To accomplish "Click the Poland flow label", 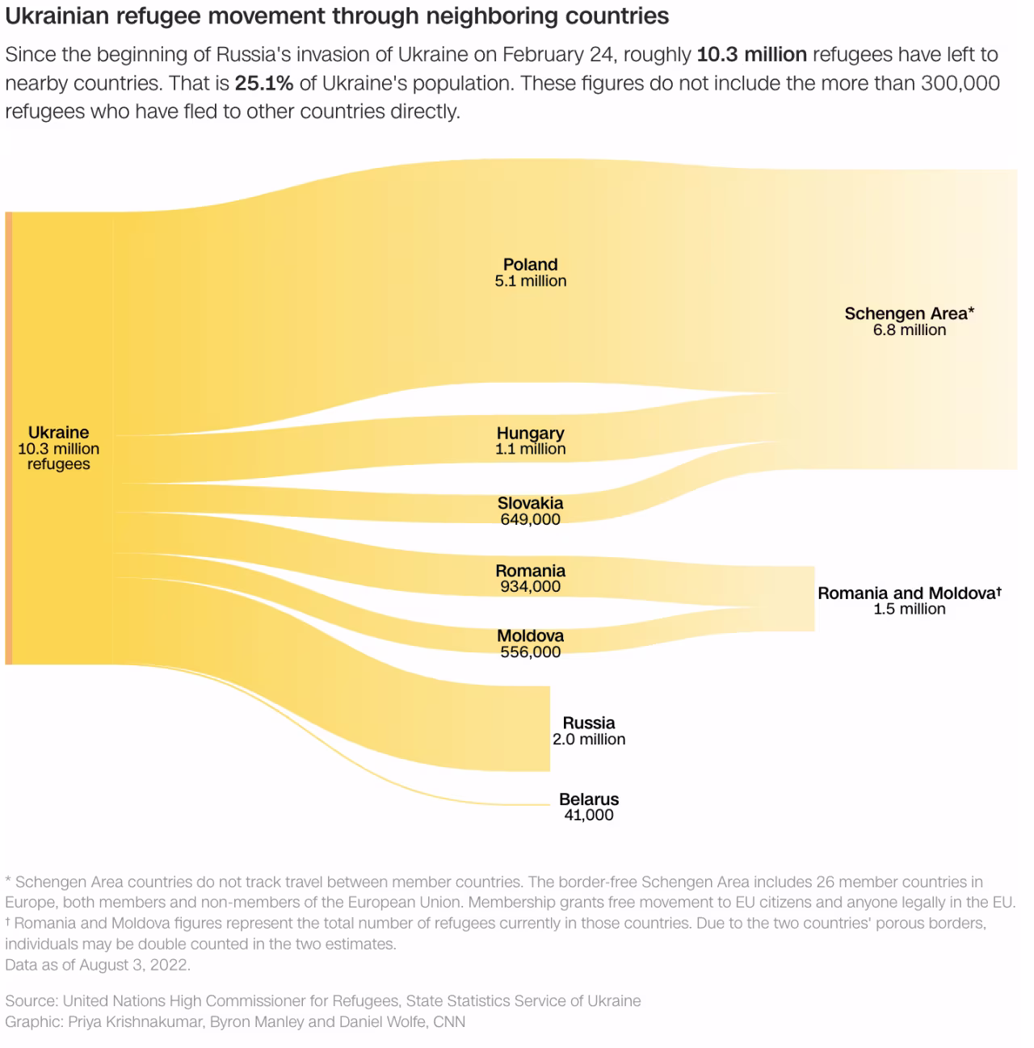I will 530,265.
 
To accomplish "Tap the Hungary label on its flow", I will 530,434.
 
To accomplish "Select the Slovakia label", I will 530,503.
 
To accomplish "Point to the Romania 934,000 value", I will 530,587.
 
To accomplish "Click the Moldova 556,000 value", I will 530,652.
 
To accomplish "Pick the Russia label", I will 589,723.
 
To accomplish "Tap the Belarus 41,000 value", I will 589,815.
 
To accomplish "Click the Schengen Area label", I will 909,313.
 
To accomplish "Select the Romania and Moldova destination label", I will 909,593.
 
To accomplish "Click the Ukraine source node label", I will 58,433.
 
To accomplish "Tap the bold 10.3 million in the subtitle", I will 751,55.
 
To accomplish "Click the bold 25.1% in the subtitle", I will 263,83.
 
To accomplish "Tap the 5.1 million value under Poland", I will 530,282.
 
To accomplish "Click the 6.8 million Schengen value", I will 909,330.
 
